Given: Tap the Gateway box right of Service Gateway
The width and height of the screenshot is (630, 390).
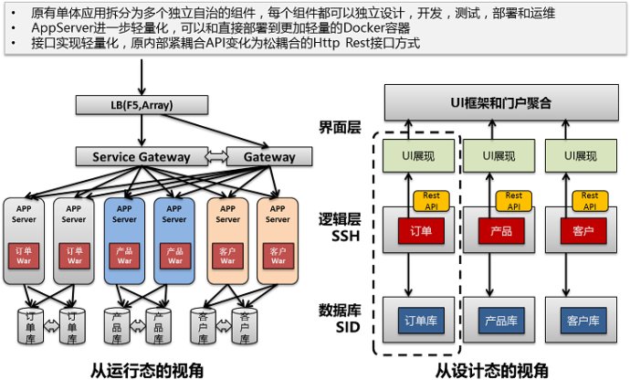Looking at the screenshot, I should click(268, 157).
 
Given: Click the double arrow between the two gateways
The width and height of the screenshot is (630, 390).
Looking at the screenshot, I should click(213, 157).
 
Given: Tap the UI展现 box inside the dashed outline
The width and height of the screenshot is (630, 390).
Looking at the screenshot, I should click(416, 155).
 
